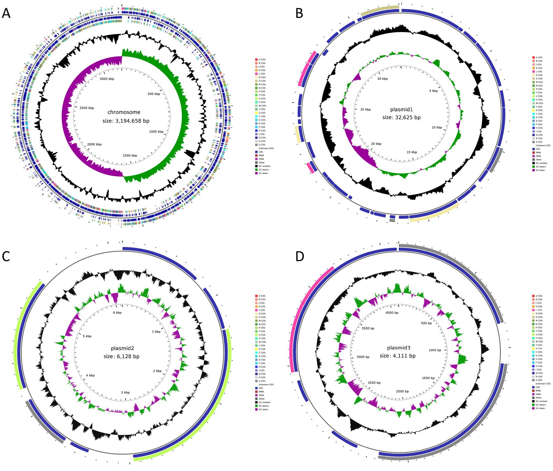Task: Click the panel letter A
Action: pos(6,13)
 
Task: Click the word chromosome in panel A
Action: pos(124,112)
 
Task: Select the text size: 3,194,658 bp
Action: pos(126,121)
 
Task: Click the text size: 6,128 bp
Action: pos(122,356)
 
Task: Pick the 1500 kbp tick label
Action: pos(130,155)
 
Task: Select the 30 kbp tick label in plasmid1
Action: pos(382,79)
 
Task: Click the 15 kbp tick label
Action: pos(412,152)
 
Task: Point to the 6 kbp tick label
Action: pos(117,312)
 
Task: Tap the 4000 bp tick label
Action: pos(392,313)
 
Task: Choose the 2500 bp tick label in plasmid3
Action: pos(374,383)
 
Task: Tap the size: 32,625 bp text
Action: pos(401,118)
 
